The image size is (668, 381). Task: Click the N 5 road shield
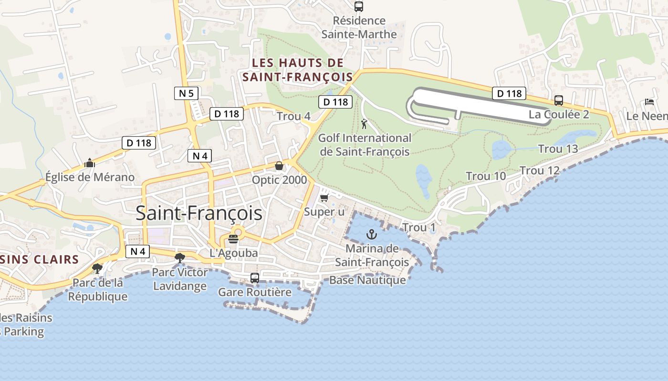(186, 93)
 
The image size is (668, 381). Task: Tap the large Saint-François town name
(199, 213)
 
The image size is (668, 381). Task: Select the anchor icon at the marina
(371, 234)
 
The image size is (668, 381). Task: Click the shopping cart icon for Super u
(324, 197)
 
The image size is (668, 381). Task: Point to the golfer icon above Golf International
(365, 124)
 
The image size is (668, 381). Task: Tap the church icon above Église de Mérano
(89, 163)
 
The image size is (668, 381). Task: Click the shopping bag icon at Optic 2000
(279, 166)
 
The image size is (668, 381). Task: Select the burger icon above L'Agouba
(233, 239)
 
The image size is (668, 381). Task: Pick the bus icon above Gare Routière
(255, 278)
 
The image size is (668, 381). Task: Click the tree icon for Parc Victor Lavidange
(179, 258)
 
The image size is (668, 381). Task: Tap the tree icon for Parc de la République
(97, 269)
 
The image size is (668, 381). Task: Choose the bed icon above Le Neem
(649, 102)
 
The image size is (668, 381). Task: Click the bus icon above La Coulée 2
(559, 100)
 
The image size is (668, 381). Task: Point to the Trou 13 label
(558, 149)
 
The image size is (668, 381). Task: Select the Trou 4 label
(293, 116)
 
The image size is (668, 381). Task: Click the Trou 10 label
(486, 176)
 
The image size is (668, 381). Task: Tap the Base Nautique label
(367, 280)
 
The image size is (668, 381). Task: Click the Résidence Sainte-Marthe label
(359, 28)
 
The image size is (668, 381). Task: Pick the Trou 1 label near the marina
(419, 228)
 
